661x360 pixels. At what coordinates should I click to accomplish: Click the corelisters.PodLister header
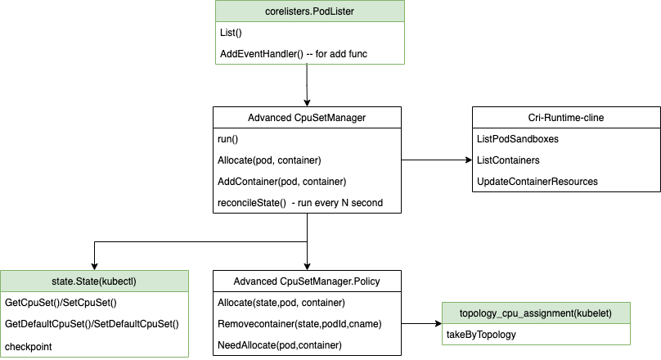[x=309, y=11]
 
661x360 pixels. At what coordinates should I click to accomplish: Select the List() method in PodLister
[x=231, y=33]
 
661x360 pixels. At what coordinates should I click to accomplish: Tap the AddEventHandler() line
[x=294, y=54]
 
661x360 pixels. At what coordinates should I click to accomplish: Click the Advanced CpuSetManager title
[x=307, y=118]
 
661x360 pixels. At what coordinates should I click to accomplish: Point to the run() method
[x=227, y=139]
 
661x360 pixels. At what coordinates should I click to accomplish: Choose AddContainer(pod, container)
[x=281, y=182]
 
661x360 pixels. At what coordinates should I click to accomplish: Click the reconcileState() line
[x=300, y=203]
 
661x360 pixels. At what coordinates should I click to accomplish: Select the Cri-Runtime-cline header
[x=566, y=118]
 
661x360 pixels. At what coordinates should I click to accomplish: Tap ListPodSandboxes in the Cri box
[x=518, y=139]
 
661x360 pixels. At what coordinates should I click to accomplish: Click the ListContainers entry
[x=508, y=160]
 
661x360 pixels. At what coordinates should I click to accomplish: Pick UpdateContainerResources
[x=537, y=182]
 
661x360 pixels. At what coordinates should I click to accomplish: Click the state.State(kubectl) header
[x=94, y=281]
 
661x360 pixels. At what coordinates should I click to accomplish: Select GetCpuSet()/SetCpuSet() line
[x=61, y=303]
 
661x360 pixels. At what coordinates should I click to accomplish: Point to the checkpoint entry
[x=29, y=347]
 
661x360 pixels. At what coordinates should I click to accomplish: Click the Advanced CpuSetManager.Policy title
[x=307, y=281]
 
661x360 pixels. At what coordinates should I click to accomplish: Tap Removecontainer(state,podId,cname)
[x=299, y=324]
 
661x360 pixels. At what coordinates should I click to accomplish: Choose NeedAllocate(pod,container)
[x=280, y=345]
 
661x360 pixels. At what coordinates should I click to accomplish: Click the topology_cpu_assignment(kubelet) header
[x=535, y=313]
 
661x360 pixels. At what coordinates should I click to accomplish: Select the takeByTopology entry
[x=481, y=335]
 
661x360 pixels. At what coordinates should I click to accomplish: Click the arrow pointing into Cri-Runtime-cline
[x=437, y=160]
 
